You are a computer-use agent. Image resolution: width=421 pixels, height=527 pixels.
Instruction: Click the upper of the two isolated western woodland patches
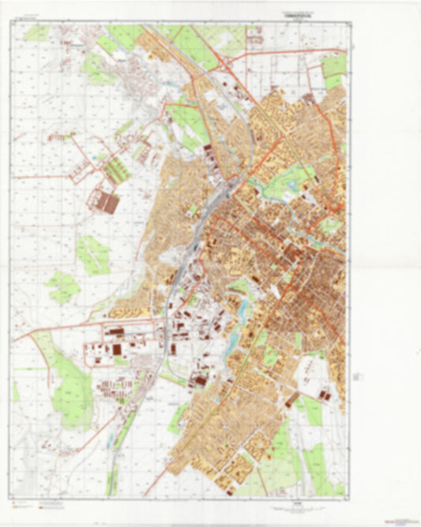[x=94, y=255]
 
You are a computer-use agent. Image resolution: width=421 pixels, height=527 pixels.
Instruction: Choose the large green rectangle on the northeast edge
[x=334, y=66]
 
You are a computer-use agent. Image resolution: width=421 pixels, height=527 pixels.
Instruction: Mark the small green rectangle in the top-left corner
[x=36, y=32]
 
